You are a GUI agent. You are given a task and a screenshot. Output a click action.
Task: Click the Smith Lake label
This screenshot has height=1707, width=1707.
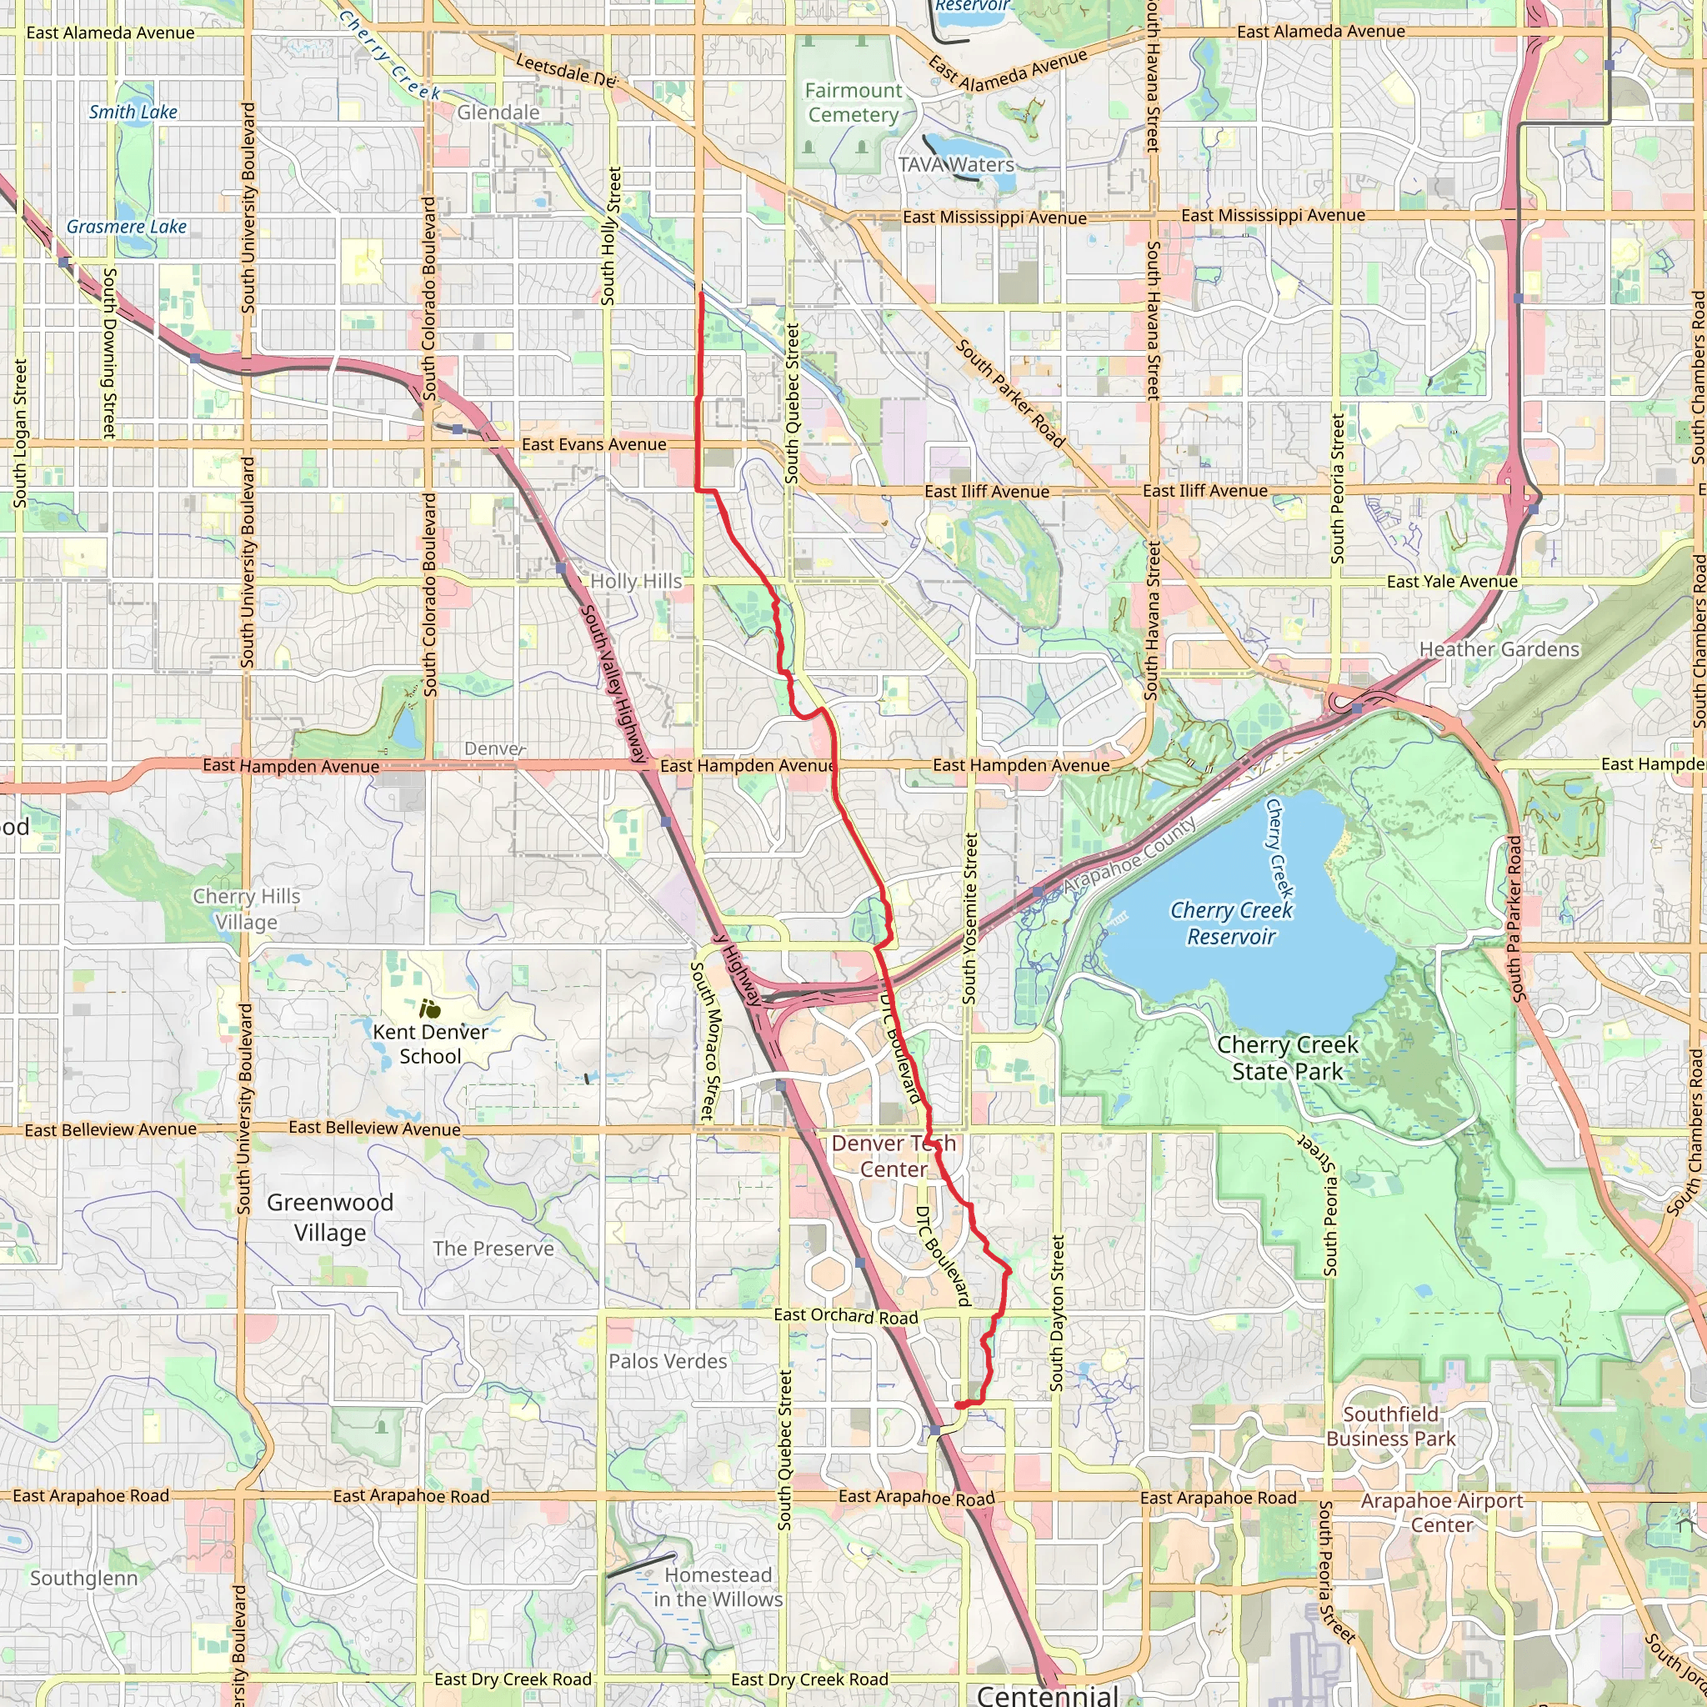[133, 113]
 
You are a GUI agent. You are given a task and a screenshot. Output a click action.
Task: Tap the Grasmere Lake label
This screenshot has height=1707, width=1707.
[127, 227]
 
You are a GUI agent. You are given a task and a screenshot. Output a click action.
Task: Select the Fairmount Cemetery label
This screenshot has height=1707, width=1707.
[853, 103]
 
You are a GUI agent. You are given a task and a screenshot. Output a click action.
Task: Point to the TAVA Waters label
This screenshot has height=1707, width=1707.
[956, 165]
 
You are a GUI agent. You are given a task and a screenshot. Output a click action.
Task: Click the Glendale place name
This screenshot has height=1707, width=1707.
[498, 113]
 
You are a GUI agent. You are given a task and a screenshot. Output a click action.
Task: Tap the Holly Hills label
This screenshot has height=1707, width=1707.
[636, 582]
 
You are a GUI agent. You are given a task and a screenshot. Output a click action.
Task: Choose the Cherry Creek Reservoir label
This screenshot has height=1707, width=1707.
[1231, 924]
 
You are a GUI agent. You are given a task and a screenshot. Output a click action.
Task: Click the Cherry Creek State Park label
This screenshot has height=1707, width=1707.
[1286, 1058]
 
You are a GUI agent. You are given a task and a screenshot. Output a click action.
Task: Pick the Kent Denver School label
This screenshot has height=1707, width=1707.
[430, 1044]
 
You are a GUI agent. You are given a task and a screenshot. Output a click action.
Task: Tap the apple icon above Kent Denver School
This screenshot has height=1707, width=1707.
[430, 1009]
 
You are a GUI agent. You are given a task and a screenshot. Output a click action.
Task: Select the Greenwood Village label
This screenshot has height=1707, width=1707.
[329, 1218]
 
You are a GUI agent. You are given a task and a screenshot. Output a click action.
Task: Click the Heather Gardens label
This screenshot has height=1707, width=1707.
[1499, 649]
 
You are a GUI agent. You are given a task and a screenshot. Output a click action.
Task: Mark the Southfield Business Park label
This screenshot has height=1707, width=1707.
[1391, 1426]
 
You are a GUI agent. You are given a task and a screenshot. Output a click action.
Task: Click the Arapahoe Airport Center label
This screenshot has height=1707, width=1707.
[1441, 1513]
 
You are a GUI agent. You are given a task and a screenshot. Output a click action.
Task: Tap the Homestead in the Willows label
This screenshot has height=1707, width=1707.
[718, 1587]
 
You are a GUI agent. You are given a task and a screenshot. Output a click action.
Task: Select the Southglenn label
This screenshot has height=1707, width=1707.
[84, 1578]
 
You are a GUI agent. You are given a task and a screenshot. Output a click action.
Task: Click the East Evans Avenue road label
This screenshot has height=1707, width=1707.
[593, 444]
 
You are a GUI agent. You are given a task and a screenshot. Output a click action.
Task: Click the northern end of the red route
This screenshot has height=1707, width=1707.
[702, 293]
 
